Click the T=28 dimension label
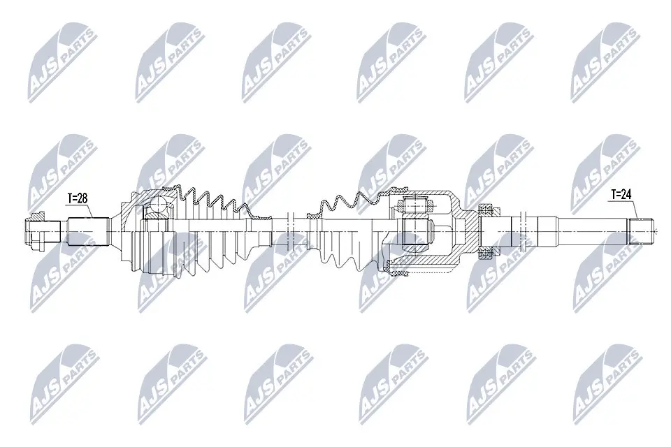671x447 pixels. coord(77,198)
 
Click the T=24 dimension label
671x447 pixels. coord(621,195)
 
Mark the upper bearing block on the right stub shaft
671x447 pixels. coord(483,208)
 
